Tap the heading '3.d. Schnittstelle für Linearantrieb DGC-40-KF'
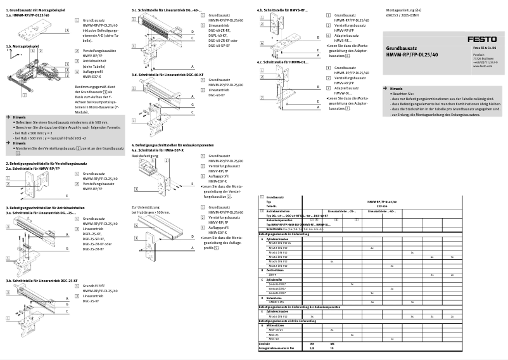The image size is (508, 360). (167, 74)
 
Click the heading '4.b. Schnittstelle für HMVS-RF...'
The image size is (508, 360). (283, 11)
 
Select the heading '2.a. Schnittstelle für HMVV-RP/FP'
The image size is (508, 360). (33, 169)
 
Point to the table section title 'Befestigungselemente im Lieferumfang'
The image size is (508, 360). (288, 234)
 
